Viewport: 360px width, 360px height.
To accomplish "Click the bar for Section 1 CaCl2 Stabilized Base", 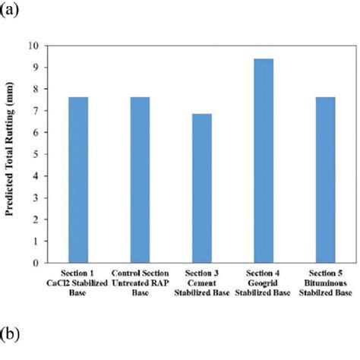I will coord(79,179).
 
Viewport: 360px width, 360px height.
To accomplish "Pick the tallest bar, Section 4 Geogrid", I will coord(263,160).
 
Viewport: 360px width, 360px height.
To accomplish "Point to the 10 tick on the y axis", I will coord(39,45).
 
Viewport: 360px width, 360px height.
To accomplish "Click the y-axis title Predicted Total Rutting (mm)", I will coord(15,154).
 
